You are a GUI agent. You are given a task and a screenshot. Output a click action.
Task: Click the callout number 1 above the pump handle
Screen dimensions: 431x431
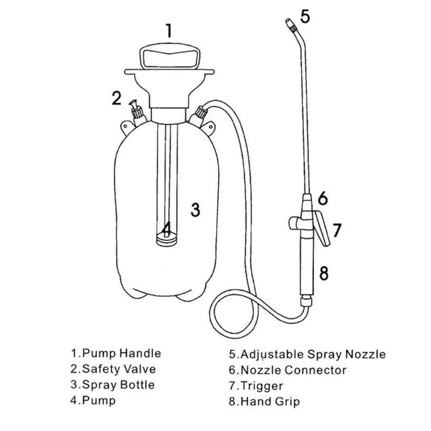coord(168,31)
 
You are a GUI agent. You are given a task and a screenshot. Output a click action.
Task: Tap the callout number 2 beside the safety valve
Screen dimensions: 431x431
coord(117,98)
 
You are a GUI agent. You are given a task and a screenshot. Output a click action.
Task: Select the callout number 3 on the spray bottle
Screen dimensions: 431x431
coord(195,209)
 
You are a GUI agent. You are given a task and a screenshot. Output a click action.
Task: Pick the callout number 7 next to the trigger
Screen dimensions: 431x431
coord(337,230)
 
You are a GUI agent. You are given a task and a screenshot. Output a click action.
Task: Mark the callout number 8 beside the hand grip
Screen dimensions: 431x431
coord(324,273)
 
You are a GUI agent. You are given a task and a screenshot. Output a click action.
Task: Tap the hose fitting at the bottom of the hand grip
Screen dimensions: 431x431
coord(306,301)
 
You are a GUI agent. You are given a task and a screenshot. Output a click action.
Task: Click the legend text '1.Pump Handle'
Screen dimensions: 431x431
coord(116,353)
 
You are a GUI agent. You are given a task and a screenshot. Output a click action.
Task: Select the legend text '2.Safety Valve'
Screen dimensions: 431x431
coord(113,369)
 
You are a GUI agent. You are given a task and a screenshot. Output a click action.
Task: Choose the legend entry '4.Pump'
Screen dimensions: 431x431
coord(93,400)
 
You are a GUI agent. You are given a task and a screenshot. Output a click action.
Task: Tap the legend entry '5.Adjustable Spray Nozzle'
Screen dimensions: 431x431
coord(307,354)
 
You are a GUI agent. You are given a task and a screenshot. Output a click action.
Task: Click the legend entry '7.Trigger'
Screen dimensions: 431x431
coord(256,386)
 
